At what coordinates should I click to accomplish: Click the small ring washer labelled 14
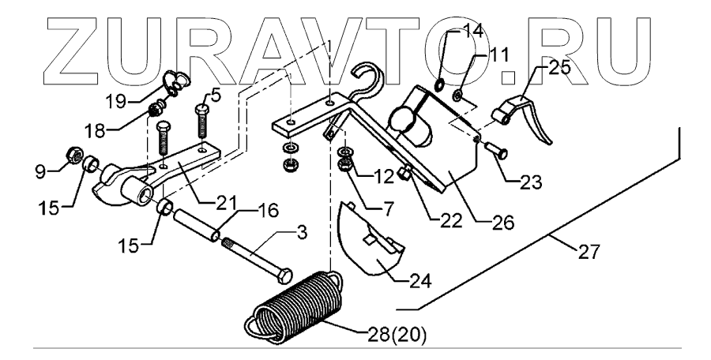pyautogui.click(x=441, y=84)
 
